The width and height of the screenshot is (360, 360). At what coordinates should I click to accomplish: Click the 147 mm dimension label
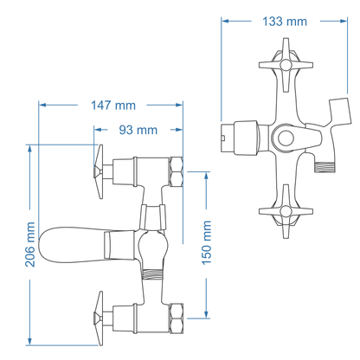point(112,106)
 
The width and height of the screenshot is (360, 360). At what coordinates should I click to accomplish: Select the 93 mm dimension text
point(137,130)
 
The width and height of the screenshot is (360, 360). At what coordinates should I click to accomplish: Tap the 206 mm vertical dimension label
point(29,245)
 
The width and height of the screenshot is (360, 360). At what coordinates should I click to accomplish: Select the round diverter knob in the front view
point(285,138)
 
